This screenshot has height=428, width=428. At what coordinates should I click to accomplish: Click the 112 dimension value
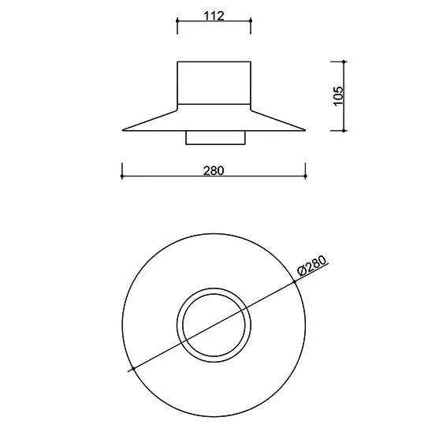click(x=214, y=16)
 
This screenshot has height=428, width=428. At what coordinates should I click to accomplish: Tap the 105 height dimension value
click(x=338, y=95)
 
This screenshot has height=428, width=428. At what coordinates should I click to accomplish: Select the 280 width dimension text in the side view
click(x=214, y=170)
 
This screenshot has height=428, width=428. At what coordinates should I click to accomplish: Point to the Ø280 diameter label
click(x=311, y=266)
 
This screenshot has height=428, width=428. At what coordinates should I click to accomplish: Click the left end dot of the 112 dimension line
click(x=177, y=20)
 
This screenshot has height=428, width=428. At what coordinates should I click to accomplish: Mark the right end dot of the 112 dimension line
click(x=251, y=20)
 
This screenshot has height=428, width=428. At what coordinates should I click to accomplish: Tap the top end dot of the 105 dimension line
click(x=344, y=61)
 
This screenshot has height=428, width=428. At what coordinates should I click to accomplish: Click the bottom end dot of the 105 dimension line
click(x=344, y=131)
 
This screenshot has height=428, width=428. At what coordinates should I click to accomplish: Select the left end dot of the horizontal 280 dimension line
click(x=122, y=176)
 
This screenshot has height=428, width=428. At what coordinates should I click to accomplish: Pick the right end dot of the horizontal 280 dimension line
click(x=305, y=176)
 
